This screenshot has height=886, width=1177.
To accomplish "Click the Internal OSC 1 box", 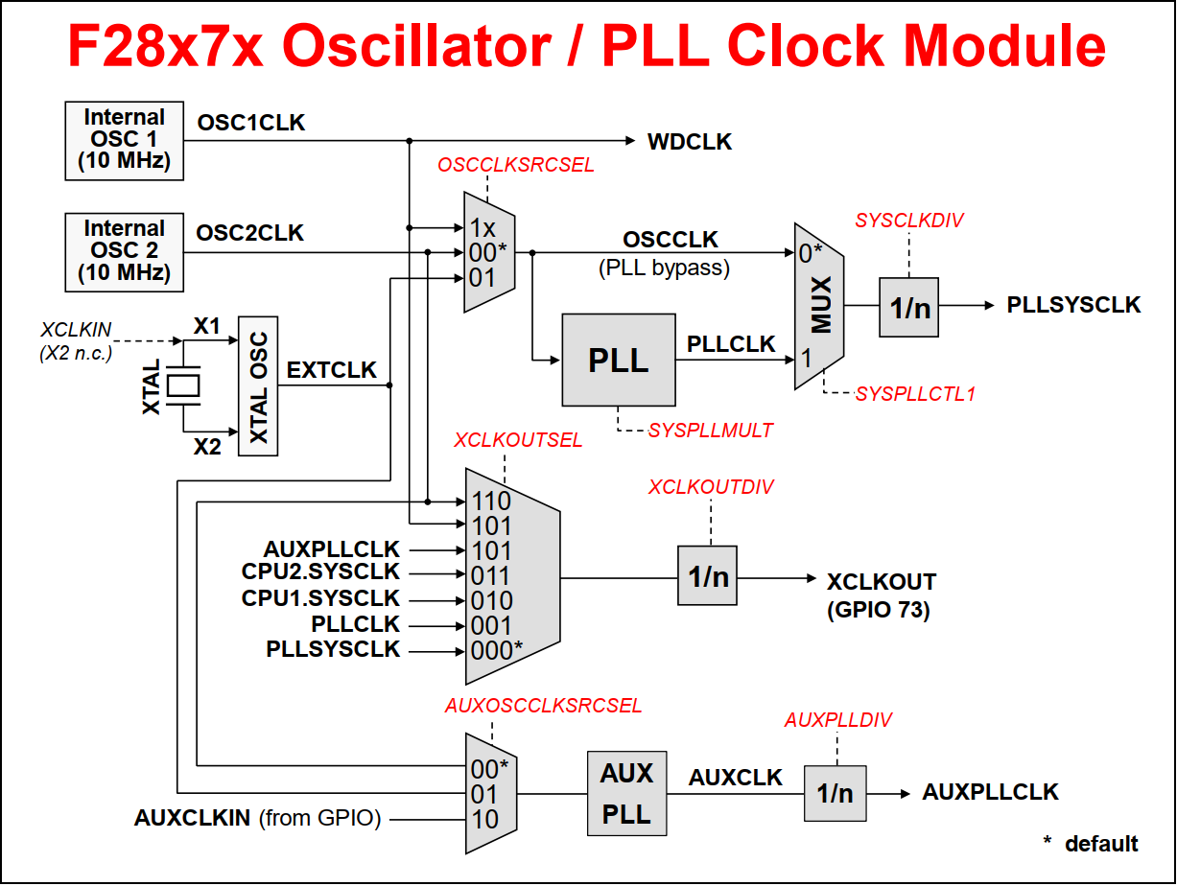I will (125, 140).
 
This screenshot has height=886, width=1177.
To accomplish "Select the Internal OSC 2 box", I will (125, 251).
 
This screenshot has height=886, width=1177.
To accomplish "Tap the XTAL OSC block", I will (256, 385).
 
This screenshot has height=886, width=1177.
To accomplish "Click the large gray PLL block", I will (618, 360).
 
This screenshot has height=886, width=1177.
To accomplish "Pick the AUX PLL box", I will (626, 794).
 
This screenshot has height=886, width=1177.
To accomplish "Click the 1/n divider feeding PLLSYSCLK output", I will (908, 307).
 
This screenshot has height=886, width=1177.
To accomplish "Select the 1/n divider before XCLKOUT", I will (708, 576).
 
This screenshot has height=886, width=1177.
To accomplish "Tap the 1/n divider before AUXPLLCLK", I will (835, 793).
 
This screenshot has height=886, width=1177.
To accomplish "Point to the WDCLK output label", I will (690, 142).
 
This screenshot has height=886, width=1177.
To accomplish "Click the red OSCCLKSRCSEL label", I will (516, 165).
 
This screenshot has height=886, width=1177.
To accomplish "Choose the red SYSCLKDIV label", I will (908, 221).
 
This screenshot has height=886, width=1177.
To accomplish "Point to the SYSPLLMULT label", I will (710, 431).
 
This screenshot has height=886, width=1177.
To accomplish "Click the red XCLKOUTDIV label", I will (711, 487).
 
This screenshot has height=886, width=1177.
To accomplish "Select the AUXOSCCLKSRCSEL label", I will (543, 706).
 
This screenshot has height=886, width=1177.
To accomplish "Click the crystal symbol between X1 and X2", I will (182, 385).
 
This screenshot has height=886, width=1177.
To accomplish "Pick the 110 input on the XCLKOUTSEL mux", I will (490, 501).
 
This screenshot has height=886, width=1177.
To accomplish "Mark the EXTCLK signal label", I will (332, 370).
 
